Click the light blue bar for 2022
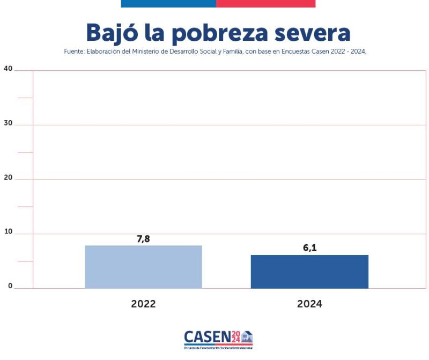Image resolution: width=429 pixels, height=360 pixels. (x=143, y=267)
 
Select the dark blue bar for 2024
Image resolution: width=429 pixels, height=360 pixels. (x=309, y=271)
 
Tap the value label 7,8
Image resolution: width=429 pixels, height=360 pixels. (x=143, y=239)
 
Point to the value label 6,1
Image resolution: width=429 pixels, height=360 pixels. (x=309, y=248)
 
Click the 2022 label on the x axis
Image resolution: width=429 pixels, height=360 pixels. (x=143, y=304)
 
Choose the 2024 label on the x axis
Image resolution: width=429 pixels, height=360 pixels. (x=309, y=304)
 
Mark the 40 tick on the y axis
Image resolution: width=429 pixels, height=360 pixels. (x=8, y=68)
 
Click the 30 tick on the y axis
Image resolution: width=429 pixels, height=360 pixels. (x=8, y=123)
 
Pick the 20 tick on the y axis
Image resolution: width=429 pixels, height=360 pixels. (x=8, y=177)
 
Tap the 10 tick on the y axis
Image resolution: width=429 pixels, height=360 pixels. (x=8, y=232)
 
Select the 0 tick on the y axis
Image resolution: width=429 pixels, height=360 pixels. (x=10, y=286)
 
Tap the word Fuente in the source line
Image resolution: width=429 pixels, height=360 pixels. (x=73, y=52)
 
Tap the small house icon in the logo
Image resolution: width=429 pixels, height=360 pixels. (x=247, y=337)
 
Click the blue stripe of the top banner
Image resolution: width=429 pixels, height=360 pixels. (x=168, y=3)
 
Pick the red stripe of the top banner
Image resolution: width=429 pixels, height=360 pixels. (x=265, y=3)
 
